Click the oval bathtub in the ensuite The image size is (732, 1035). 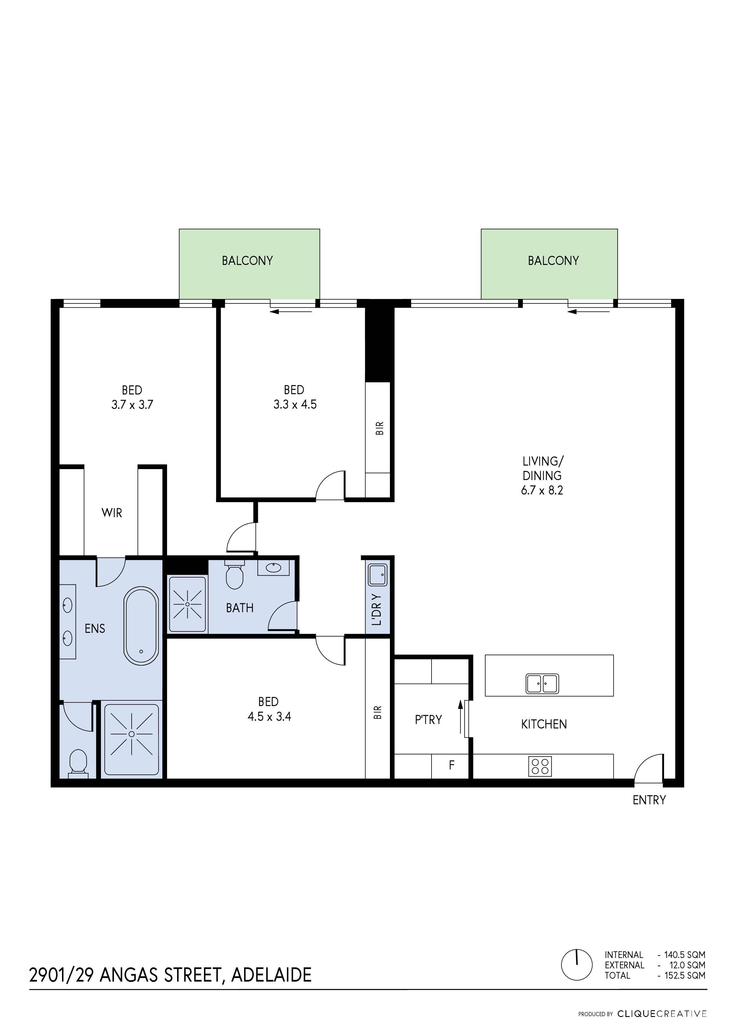tap(141, 626)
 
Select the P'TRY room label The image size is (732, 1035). tap(428, 720)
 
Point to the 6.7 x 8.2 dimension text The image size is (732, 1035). tap(542, 490)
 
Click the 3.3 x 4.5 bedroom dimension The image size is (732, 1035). tap(295, 404)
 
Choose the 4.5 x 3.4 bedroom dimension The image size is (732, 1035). tap(269, 716)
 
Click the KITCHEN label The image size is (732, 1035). tap(544, 724)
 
